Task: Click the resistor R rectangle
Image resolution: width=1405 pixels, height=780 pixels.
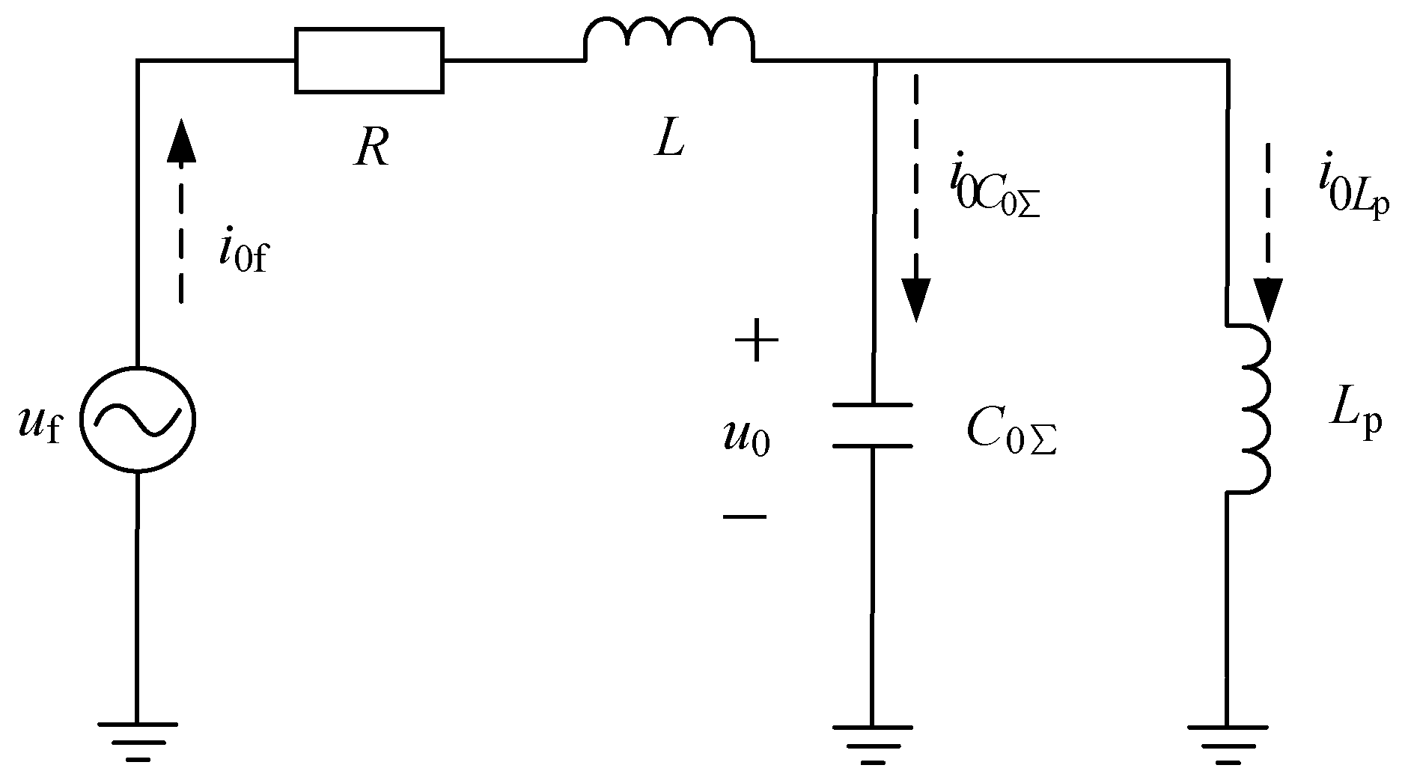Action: pyautogui.click(x=369, y=61)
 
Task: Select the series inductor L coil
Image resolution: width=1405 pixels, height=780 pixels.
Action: pyautogui.click(x=669, y=42)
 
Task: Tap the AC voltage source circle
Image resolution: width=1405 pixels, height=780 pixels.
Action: pyautogui.click(x=137, y=419)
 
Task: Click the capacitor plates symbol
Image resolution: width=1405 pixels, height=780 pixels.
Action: pyautogui.click(x=872, y=425)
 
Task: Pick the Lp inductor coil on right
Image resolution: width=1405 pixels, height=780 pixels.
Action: pyautogui.click(x=1250, y=409)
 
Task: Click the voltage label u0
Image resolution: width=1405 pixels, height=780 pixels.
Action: pyautogui.click(x=746, y=438)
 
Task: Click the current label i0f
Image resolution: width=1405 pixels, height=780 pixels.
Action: pyautogui.click(x=243, y=250)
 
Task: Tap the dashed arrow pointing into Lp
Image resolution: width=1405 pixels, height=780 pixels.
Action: pyautogui.click(x=1268, y=232)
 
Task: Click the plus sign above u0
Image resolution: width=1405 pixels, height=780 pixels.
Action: pyautogui.click(x=756, y=341)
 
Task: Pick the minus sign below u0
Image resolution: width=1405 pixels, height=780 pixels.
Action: pyautogui.click(x=744, y=516)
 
